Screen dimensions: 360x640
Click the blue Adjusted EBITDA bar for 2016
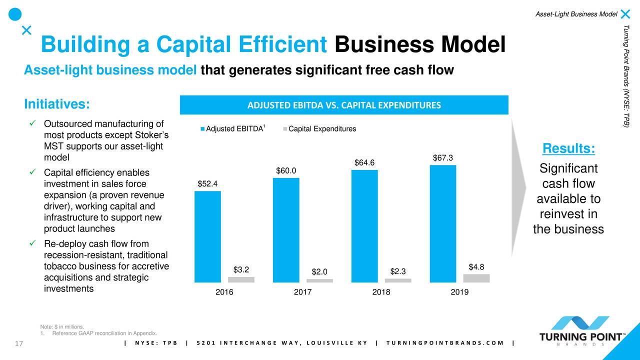[x=207, y=236]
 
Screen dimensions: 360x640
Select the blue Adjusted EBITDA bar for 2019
[x=442, y=223]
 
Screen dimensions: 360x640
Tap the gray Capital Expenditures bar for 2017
[x=319, y=280]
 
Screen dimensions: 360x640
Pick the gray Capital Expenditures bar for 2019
[x=476, y=278]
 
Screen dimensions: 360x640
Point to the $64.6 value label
[x=364, y=162]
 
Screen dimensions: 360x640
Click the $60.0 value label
[x=286, y=171]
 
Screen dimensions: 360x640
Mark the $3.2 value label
[x=241, y=269]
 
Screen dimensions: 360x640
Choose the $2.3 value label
[x=397, y=271]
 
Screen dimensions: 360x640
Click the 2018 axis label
[x=381, y=292]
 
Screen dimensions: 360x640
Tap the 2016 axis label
[x=224, y=292]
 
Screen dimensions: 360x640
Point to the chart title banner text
[x=344, y=105]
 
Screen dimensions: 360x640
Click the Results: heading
[x=568, y=148]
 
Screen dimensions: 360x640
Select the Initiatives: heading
[x=57, y=104]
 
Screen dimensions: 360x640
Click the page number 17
[x=20, y=343]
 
